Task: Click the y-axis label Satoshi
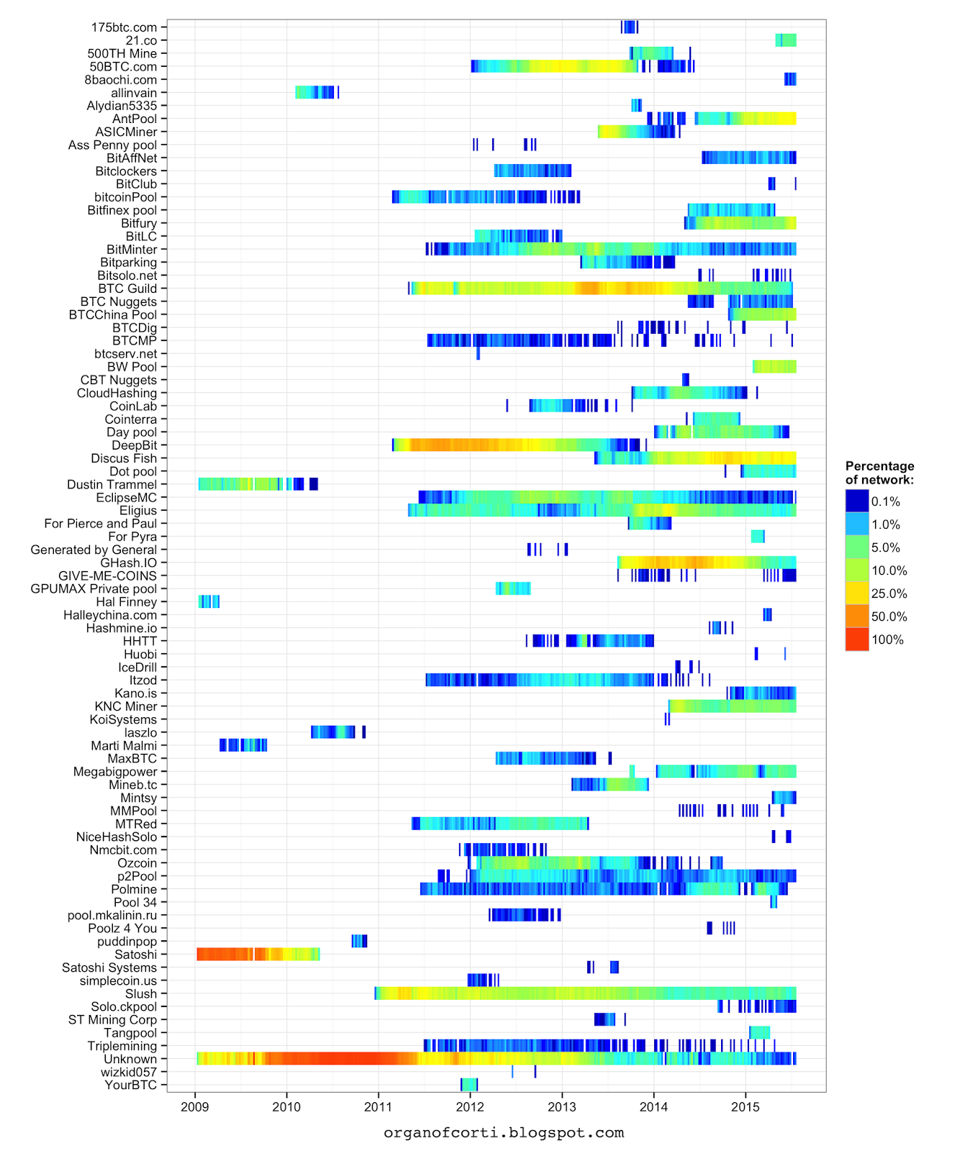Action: pyautogui.click(x=135, y=955)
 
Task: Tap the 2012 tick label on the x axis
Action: pyautogui.click(x=470, y=1106)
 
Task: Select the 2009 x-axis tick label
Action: pyautogui.click(x=195, y=1106)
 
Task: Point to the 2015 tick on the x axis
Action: pyautogui.click(x=746, y=1106)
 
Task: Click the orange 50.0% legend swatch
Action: pyautogui.click(x=857, y=617)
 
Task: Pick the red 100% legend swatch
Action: pyautogui.click(x=857, y=640)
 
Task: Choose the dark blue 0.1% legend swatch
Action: pyautogui.click(x=857, y=501)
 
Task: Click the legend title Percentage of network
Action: pyautogui.click(x=879, y=473)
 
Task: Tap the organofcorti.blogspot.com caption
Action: pyautogui.click(x=504, y=1133)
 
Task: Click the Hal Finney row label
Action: pyautogui.click(x=126, y=602)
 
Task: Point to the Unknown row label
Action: pyautogui.click(x=130, y=1059)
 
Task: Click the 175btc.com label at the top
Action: pyautogui.click(x=124, y=27)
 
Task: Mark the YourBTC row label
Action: pyautogui.click(x=130, y=1085)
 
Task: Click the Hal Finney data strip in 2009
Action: pyautogui.click(x=209, y=601)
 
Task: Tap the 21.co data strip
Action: pyautogui.click(x=786, y=40)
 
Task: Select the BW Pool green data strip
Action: pyautogui.click(x=774, y=367)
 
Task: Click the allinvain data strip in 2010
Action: pyautogui.click(x=314, y=92)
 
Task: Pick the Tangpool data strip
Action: pyautogui.click(x=759, y=1032)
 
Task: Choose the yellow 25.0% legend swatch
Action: pyautogui.click(x=857, y=593)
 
